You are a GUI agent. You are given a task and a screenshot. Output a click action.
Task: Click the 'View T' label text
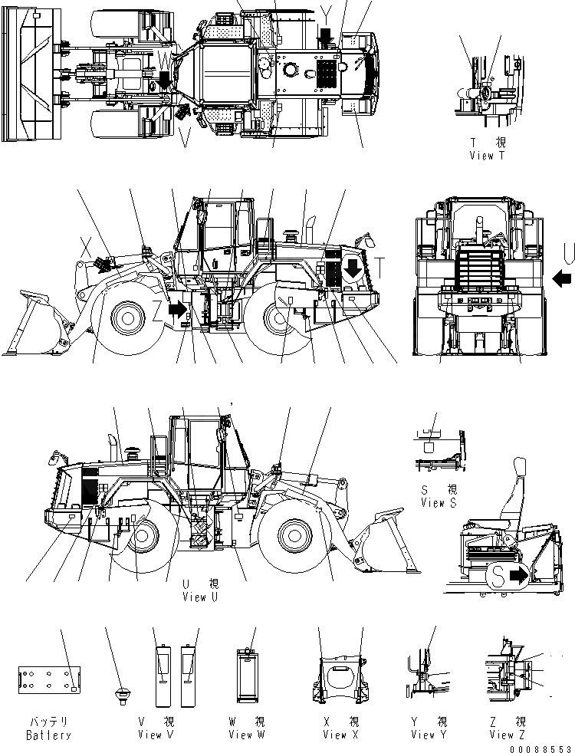pyautogui.click(x=488, y=155)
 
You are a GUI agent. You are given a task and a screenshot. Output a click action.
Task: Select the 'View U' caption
pyautogui.click(x=201, y=597)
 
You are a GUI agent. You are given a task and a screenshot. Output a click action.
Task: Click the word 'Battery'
pyautogui.click(x=48, y=735)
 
